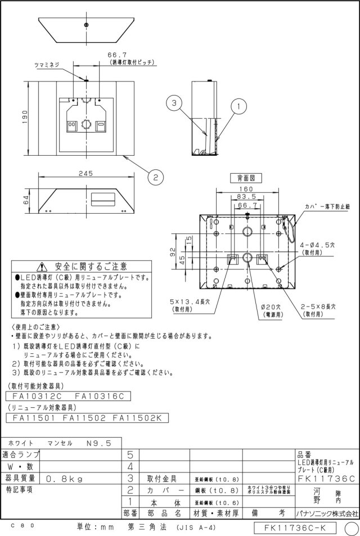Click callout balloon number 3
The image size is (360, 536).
(x=175, y=103)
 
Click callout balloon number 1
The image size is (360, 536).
(x=238, y=105)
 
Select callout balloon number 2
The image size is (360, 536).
(x=155, y=177)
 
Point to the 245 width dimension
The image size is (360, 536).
(x=85, y=174)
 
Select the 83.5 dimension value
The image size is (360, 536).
(x=245, y=197)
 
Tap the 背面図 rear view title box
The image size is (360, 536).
(x=245, y=177)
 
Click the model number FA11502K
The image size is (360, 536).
(x=137, y=418)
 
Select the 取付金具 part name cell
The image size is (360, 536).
(x=163, y=479)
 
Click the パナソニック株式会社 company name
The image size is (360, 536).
(x=326, y=514)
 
